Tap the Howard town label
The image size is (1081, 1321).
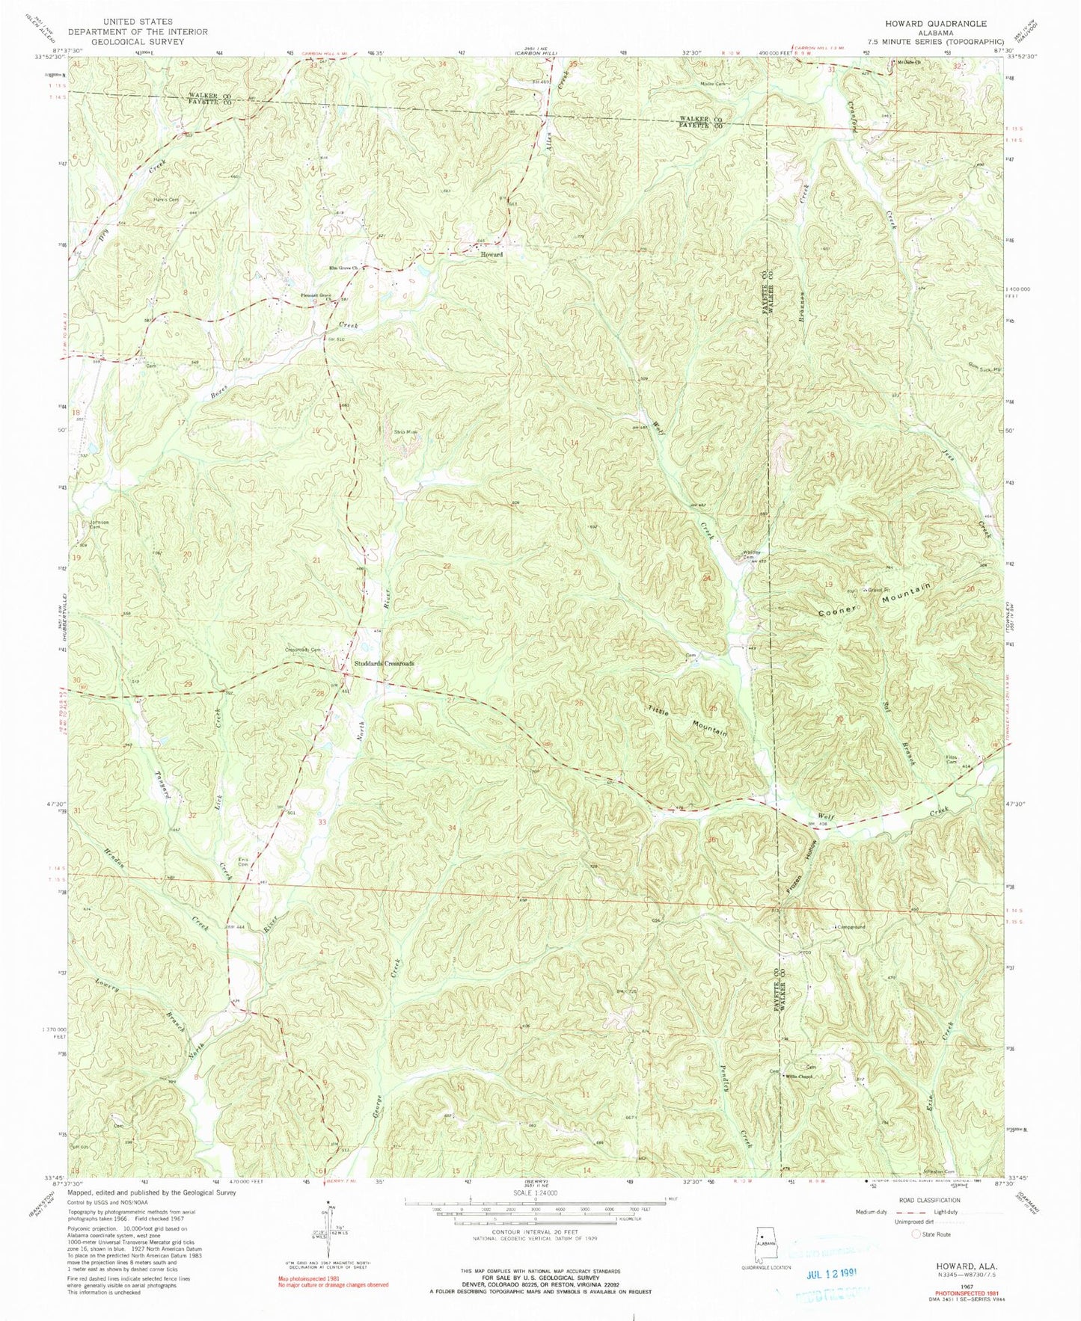click(491, 255)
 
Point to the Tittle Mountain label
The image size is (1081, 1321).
click(688, 717)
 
